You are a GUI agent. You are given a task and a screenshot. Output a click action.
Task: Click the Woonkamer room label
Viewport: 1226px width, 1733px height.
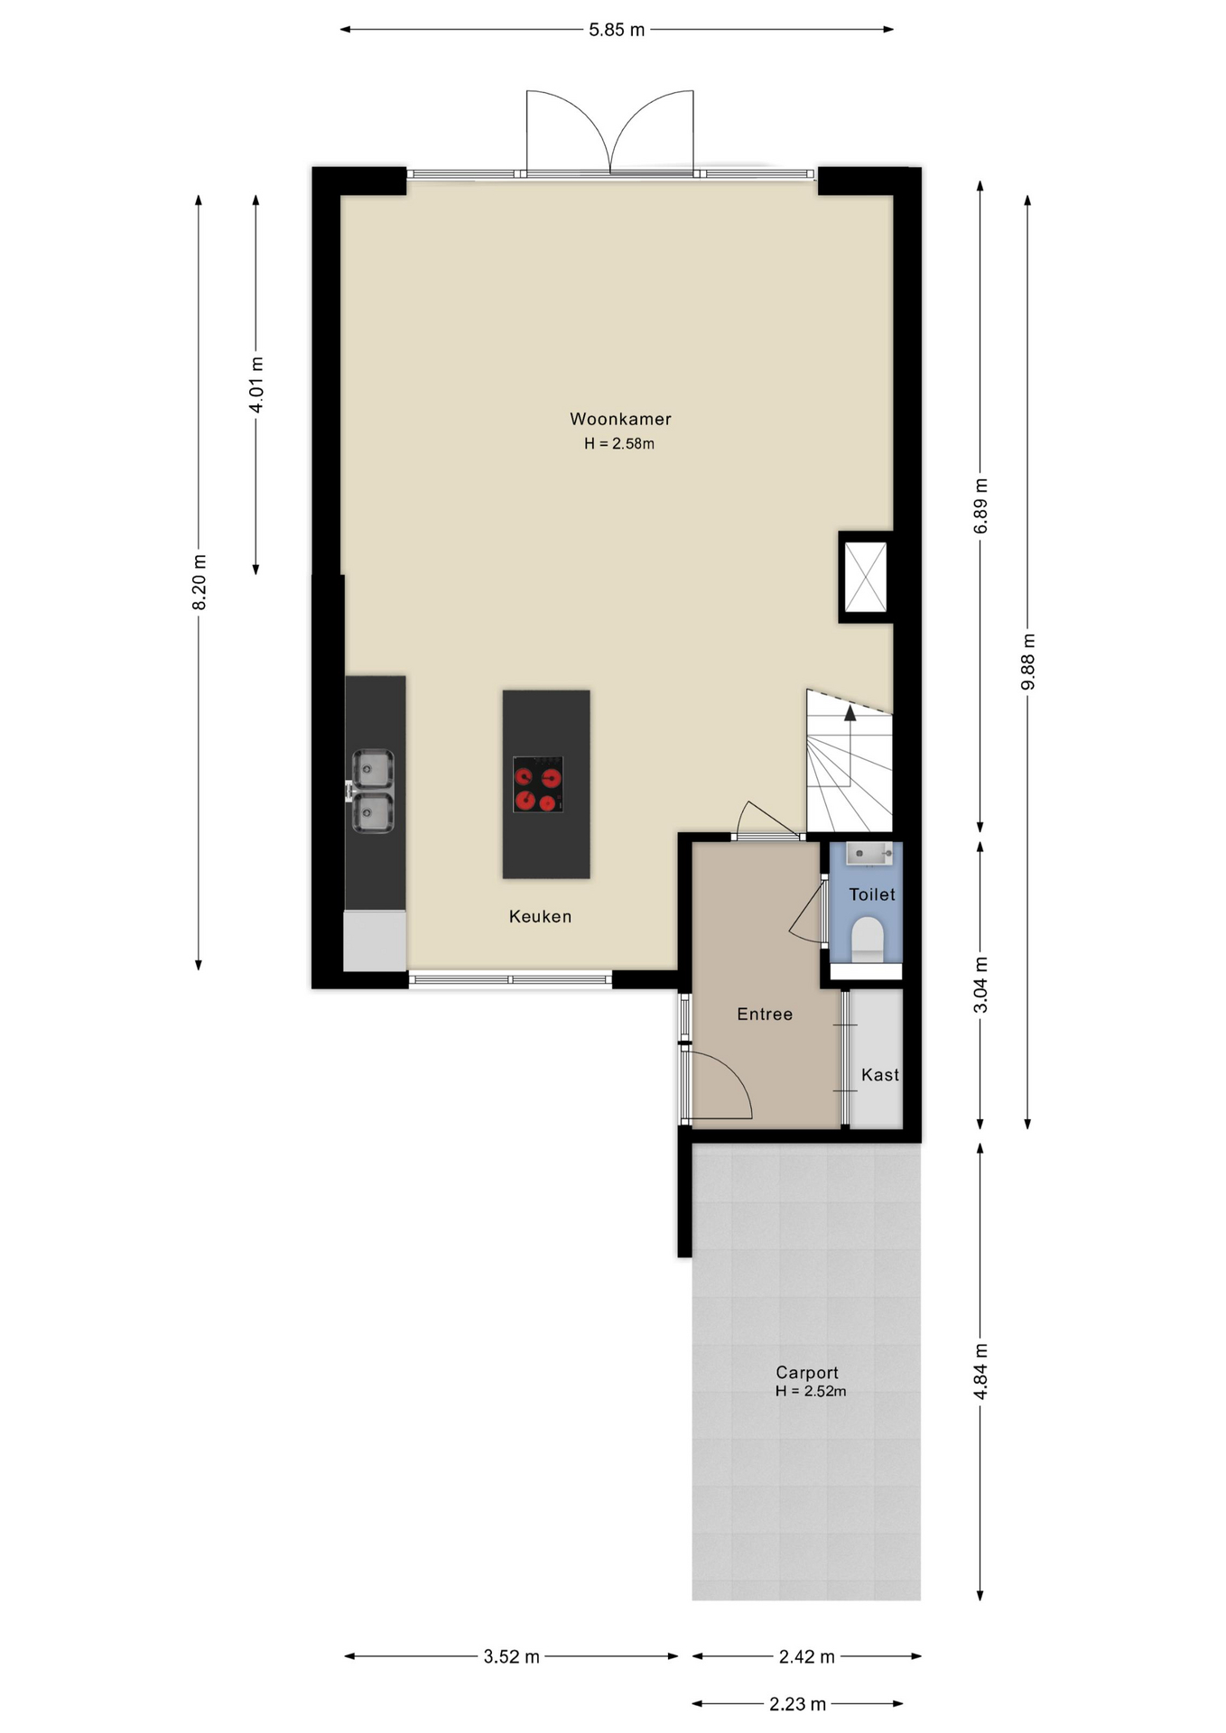(620, 419)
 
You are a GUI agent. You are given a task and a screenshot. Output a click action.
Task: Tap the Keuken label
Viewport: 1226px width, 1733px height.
(540, 916)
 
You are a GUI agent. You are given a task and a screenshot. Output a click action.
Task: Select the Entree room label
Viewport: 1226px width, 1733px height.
(765, 1014)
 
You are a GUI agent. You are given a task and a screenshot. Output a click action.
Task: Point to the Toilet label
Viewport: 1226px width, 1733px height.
(872, 894)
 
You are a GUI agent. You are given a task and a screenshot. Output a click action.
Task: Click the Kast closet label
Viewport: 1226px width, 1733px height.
(880, 1075)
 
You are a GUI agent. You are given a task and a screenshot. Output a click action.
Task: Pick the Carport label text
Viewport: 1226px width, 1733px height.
(807, 1373)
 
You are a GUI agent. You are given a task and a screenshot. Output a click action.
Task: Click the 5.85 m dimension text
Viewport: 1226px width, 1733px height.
(617, 30)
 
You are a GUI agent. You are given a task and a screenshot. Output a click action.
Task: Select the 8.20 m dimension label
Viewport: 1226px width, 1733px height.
(200, 583)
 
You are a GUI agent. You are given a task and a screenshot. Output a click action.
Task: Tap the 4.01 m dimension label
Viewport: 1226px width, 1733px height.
(256, 385)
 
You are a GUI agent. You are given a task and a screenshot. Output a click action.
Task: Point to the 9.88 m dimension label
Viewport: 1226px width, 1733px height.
(1028, 662)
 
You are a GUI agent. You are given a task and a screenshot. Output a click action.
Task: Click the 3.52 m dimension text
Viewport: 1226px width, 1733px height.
(511, 1656)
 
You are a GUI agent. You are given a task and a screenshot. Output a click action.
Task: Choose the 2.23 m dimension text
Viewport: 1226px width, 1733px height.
(797, 1704)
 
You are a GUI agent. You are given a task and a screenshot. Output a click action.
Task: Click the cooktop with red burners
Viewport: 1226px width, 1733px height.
(538, 784)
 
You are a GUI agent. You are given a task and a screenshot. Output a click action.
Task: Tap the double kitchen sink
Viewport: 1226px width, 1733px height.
(371, 791)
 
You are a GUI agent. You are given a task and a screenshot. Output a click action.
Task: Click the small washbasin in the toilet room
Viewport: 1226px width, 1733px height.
(869, 853)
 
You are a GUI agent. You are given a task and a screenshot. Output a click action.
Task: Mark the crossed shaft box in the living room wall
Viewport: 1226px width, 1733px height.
(865, 577)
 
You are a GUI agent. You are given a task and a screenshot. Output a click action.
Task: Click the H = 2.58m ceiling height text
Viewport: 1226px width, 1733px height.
(619, 443)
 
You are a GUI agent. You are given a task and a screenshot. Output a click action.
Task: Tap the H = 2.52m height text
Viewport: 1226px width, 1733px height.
(811, 1391)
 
